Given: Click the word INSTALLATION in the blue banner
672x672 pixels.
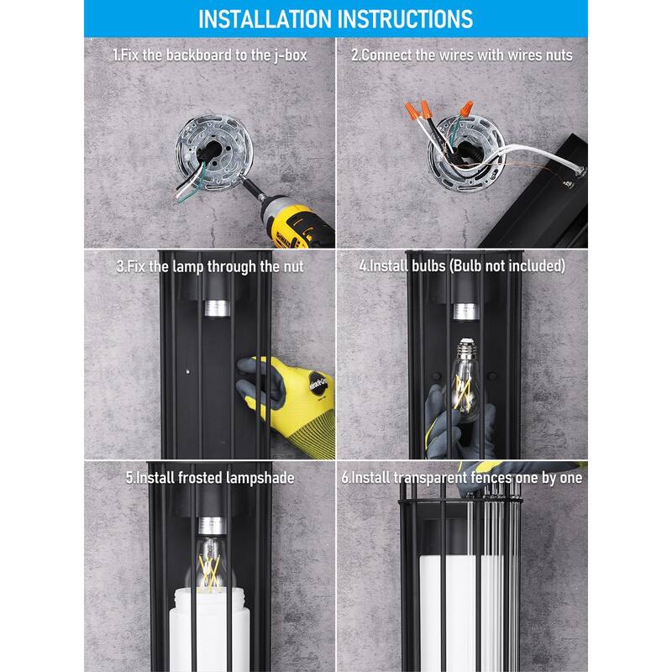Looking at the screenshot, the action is pos(265,19).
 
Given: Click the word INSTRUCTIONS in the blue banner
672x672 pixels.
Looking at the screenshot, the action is pos(406,19).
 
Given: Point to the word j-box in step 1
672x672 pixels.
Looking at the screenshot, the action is pos(291,55).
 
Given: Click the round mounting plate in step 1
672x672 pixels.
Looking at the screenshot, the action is pos(214,152).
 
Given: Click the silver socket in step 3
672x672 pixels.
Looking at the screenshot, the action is pos(217,308).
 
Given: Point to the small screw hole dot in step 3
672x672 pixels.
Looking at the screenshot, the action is pos(187,371).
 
